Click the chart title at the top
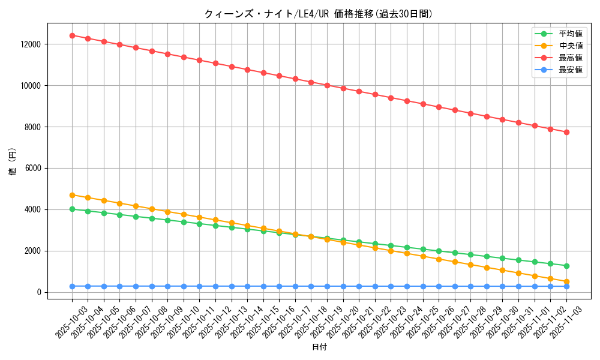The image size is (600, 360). click(318, 14)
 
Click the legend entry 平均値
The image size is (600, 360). click(570, 34)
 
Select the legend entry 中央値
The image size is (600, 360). click(570, 46)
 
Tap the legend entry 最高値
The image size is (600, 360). click(570, 58)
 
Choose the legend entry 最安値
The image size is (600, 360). click(570, 70)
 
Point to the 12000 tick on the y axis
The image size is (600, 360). click(31, 44)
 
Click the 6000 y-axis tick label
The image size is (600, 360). click(33, 169)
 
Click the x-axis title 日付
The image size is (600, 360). click(319, 347)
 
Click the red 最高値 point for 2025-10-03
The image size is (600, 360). click(72, 35)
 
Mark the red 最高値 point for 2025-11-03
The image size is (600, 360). click(566, 132)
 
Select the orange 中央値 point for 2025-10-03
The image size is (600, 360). click(72, 195)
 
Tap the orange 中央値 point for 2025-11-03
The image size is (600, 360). click(566, 281)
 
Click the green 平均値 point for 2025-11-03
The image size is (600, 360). click(566, 266)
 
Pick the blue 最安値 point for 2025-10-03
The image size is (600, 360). click(72, 286)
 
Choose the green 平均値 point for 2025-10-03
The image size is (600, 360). click(72, 209)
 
